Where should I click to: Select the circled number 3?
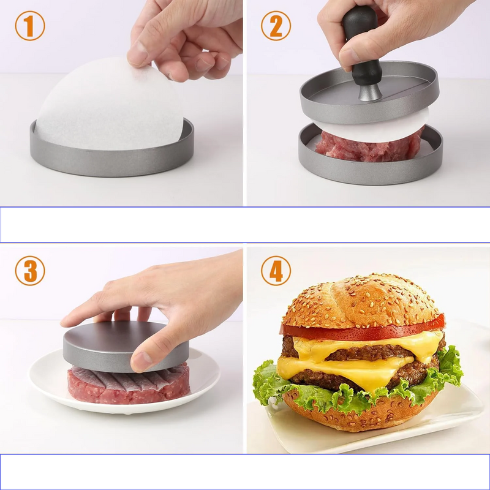30,271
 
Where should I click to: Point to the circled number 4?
276,271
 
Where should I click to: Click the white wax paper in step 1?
104,104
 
